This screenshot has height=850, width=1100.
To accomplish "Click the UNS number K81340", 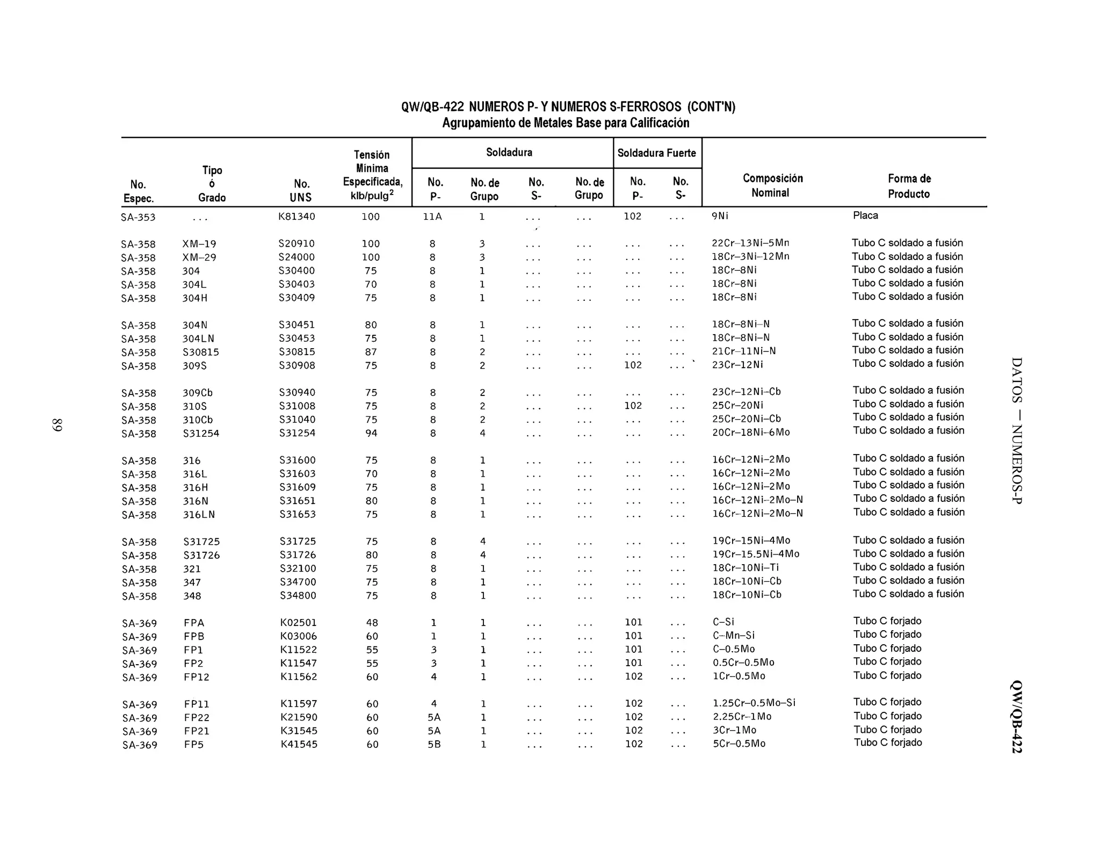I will click(x=296, y=217).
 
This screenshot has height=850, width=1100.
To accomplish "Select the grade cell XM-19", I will click(x=199, y=244).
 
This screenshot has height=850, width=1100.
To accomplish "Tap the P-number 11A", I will click(x=432, y=217).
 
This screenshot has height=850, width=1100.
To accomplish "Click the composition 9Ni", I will click(x=720, y=216).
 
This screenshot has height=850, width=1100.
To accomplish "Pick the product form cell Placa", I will click(x=865, y=215).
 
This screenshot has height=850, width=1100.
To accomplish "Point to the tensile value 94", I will click(x=371, y=433).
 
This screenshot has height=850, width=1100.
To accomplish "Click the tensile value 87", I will click(x=371, y=352).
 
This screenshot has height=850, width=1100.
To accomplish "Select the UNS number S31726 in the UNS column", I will click(x=298, y=555).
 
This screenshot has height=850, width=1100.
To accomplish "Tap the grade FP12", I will click(x=197, y=677).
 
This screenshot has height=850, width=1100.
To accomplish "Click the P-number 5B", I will click(x=434, y=745).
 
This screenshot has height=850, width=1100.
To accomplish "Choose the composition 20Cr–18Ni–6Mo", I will click(x=751, y=433).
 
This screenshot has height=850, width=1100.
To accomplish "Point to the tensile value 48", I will click(x=372, y=623).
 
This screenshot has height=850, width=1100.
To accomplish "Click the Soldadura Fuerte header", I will click(x=656, y=153).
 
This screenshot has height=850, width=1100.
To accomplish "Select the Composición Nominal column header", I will click(x=772, y=185).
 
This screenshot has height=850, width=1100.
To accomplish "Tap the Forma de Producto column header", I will click(x=909, y=186).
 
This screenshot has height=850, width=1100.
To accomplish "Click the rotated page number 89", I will click(x=57, y=424).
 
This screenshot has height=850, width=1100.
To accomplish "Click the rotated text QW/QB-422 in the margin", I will click(x=1016, y=717).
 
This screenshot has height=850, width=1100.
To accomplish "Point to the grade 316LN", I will click(x=199, y=515).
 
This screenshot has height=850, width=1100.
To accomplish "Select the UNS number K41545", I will click(x=299, y=745).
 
